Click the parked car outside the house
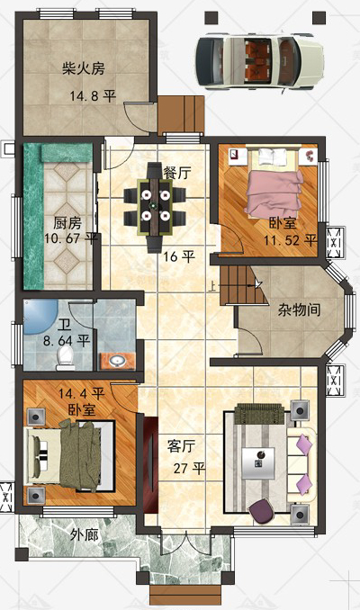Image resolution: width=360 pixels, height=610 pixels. click(x=259, y=61)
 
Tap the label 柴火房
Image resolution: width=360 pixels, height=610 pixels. click(x=84, y=69)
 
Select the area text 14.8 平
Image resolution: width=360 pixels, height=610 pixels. click(x=93, y=95)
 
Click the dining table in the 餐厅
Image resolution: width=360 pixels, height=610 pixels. click(x=155, y=206)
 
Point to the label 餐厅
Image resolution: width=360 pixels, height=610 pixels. click(x=177, y=173)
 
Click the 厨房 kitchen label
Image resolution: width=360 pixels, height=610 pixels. click(x=67, y=223)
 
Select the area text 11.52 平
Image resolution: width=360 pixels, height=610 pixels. click(x=290, y=240)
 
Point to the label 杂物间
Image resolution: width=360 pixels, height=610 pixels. click(x=300, y=309)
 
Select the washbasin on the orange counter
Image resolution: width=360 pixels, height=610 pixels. click(x=116, y=362)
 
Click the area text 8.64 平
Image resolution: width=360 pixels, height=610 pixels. click(x=67, y=341)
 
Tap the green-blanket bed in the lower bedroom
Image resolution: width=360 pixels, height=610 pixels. click(x=69, y=456)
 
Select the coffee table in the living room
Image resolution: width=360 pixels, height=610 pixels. click(x=258, y=463)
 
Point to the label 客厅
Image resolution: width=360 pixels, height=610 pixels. click(x=182, y=446)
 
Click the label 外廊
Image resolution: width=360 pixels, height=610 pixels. click(x=85, y=535)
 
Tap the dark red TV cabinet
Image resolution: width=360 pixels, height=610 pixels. click(x=150, y=465)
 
